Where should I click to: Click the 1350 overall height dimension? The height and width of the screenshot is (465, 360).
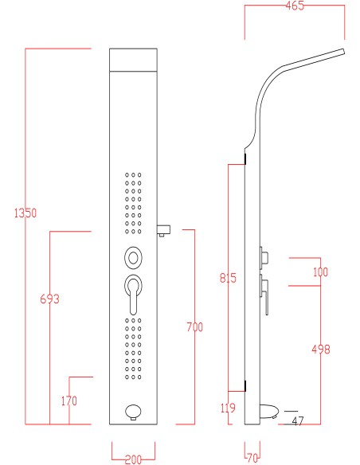25,213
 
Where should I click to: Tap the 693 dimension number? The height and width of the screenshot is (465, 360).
50,299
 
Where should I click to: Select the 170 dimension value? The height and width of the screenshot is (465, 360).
69,401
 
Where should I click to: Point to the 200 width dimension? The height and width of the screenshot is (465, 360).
134,459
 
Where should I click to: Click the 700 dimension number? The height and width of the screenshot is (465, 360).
195,326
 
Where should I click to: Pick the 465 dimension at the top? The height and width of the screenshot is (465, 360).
295,6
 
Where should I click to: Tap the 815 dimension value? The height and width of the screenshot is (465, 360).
228,278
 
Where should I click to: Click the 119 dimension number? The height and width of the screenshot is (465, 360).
228,408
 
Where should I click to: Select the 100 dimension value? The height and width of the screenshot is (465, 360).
320,272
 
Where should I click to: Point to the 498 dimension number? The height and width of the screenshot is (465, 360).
321,349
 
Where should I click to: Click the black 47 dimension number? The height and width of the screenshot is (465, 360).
298,420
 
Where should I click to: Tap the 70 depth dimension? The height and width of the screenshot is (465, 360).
252,458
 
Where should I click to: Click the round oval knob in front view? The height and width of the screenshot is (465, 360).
133,258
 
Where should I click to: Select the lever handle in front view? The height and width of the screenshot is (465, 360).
133,295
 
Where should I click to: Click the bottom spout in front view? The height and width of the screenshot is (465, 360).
133,412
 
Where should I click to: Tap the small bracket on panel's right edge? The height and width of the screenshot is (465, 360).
163,230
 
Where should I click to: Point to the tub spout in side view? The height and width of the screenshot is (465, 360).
269,412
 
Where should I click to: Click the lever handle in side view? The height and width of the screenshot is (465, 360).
264,295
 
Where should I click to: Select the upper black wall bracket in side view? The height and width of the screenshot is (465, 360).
245,159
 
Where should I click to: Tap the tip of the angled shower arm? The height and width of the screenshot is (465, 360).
344,52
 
